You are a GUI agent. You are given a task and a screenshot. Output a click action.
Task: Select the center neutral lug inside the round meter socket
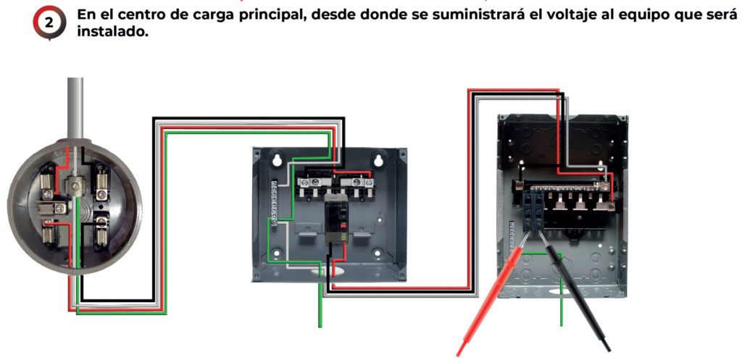coord(75,186)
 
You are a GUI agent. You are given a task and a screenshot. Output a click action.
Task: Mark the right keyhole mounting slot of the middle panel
coord(378,160)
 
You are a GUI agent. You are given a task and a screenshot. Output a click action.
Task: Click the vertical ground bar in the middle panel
coord(273,204)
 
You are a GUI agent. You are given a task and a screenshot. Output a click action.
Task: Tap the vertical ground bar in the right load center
coord(511,237)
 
